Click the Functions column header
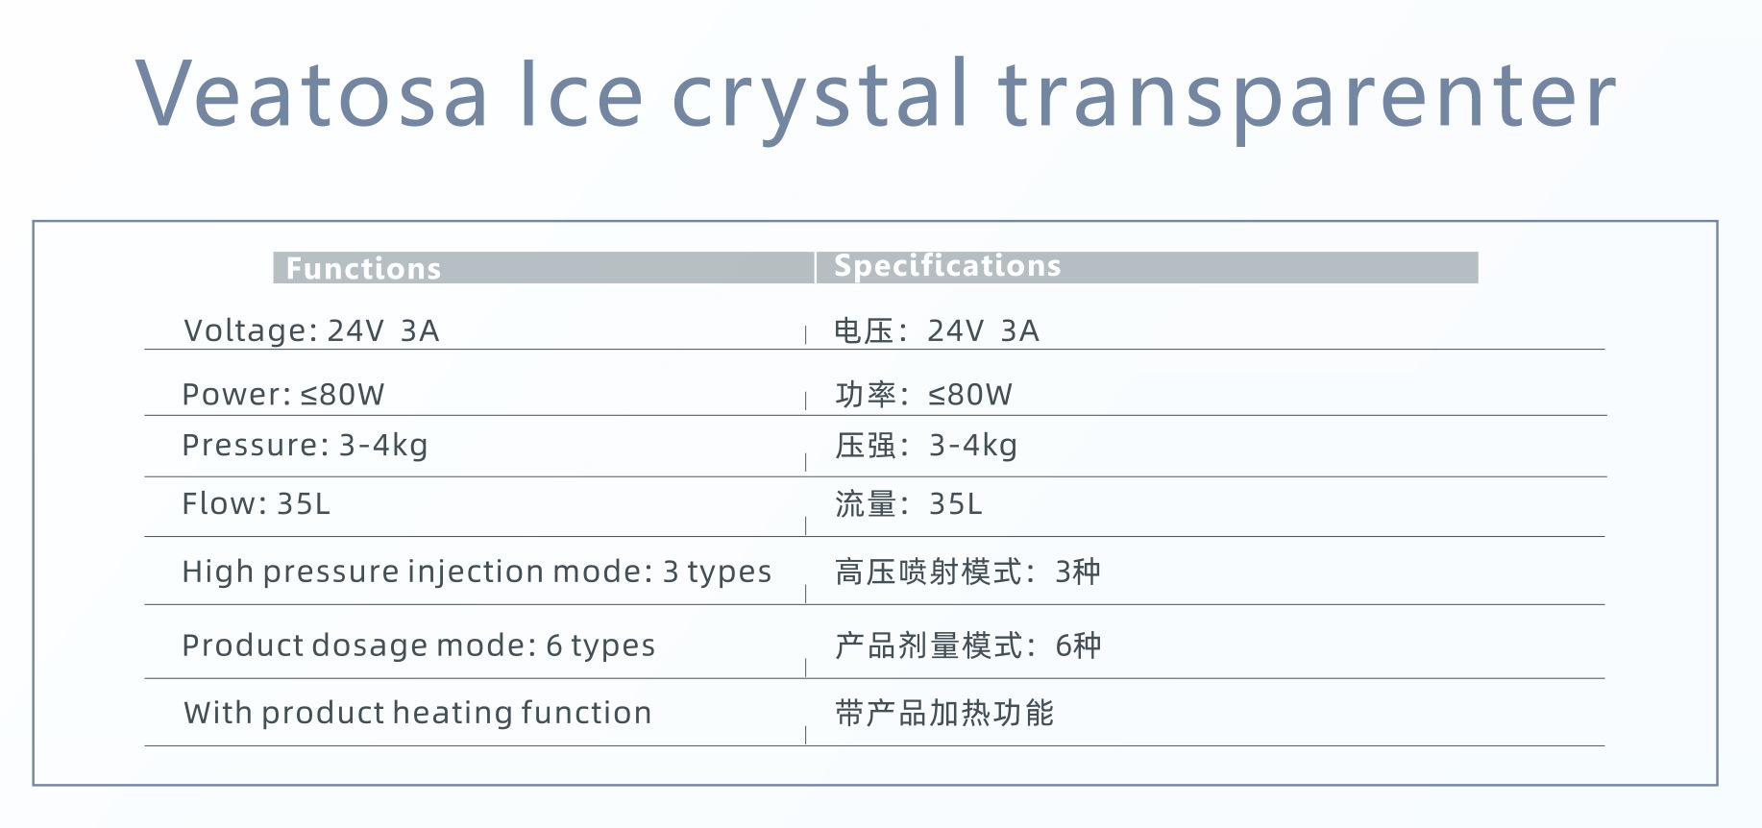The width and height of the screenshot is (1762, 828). point(363,268)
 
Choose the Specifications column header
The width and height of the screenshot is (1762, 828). point(947,265)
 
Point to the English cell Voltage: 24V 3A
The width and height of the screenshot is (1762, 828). point(311,330)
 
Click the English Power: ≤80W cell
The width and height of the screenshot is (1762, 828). point(283,394)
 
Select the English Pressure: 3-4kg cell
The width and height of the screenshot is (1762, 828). point(305,446)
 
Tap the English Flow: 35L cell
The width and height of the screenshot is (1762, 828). point(256,503)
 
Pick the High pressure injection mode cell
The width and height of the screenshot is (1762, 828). point(477,572)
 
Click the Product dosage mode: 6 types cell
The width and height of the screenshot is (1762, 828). point(419,645)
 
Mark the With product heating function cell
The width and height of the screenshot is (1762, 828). point(418,713)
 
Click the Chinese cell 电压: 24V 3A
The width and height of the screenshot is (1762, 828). point(937,330)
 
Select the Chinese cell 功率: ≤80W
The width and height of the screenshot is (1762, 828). point(923,394)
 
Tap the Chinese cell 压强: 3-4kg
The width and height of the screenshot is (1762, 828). point(926,446)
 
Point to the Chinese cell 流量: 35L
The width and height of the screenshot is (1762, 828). point(909,503)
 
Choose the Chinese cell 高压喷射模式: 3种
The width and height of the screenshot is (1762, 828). point(967,572)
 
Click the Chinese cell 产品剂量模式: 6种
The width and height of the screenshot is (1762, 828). point(967,645)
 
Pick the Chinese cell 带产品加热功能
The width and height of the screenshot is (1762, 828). point(944,713)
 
